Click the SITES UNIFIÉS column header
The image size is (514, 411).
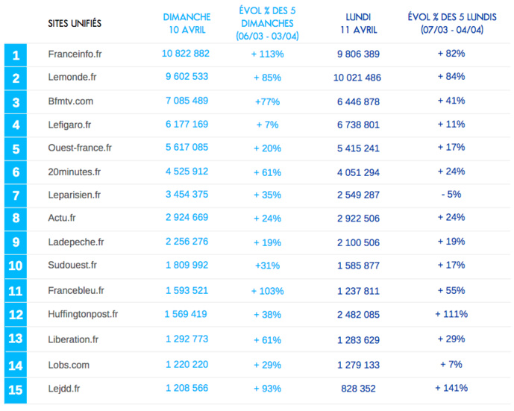click(75, 24)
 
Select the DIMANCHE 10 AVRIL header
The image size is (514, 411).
click(187, 23)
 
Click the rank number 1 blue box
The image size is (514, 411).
click(16, 54)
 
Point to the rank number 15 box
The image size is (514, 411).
click(16, 389)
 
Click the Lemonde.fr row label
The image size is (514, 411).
click(72, 77)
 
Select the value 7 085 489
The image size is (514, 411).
click(187, 101)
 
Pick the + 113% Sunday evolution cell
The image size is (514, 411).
click(266, 54)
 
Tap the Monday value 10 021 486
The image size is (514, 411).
click(357, 78)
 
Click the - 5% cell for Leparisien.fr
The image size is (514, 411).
click(451, 194)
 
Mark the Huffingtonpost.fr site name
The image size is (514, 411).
click(83, 314)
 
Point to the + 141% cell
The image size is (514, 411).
click(451, 388)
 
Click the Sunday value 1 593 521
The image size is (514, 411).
click(187, 290)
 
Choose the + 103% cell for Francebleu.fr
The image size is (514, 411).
click(266, 291)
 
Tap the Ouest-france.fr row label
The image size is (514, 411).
click(80, 148)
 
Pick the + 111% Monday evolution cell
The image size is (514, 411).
click(451, 314)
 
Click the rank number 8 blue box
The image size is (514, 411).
click(16, 218)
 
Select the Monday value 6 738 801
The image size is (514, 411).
click(358, 125)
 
